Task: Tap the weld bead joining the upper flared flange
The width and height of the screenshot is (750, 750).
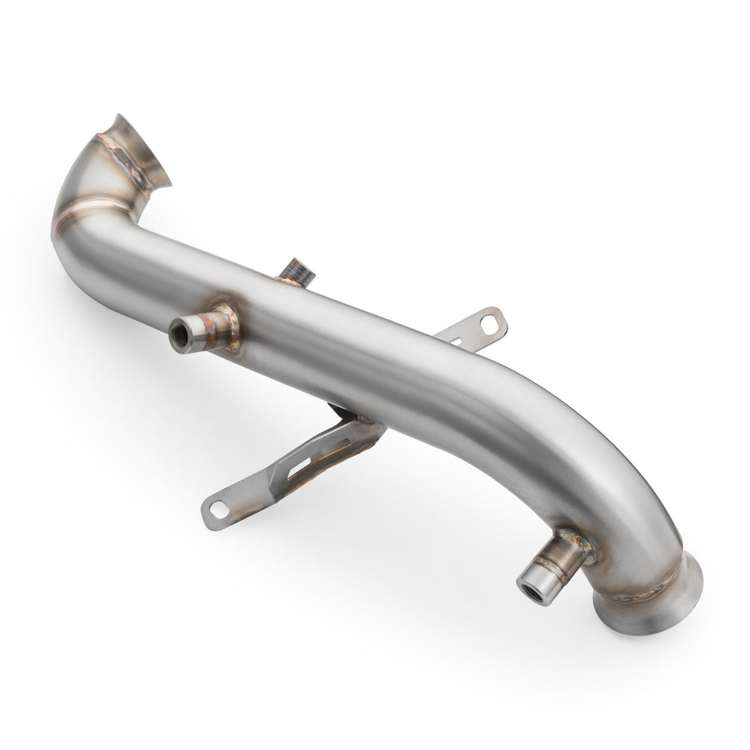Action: (124, 160)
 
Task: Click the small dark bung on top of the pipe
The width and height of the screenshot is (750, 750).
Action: (298, 272)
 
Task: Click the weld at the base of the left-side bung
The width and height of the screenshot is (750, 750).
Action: (227, 326)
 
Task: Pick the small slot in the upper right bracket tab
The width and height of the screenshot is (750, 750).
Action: (457, 341)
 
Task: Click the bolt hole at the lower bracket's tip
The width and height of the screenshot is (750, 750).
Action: (218, 508)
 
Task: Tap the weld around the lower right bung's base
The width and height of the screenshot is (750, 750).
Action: (577, 546)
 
